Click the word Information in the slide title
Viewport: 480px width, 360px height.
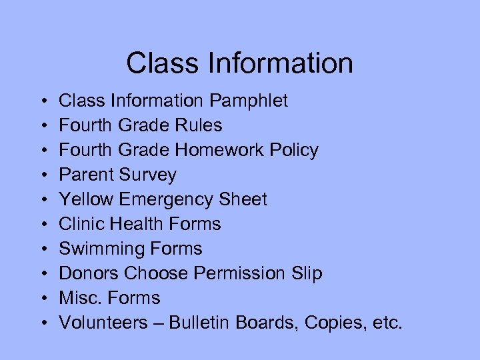280,63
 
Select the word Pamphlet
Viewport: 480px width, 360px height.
249,101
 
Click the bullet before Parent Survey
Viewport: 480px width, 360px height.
43,175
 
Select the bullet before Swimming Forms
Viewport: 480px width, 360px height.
43,249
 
